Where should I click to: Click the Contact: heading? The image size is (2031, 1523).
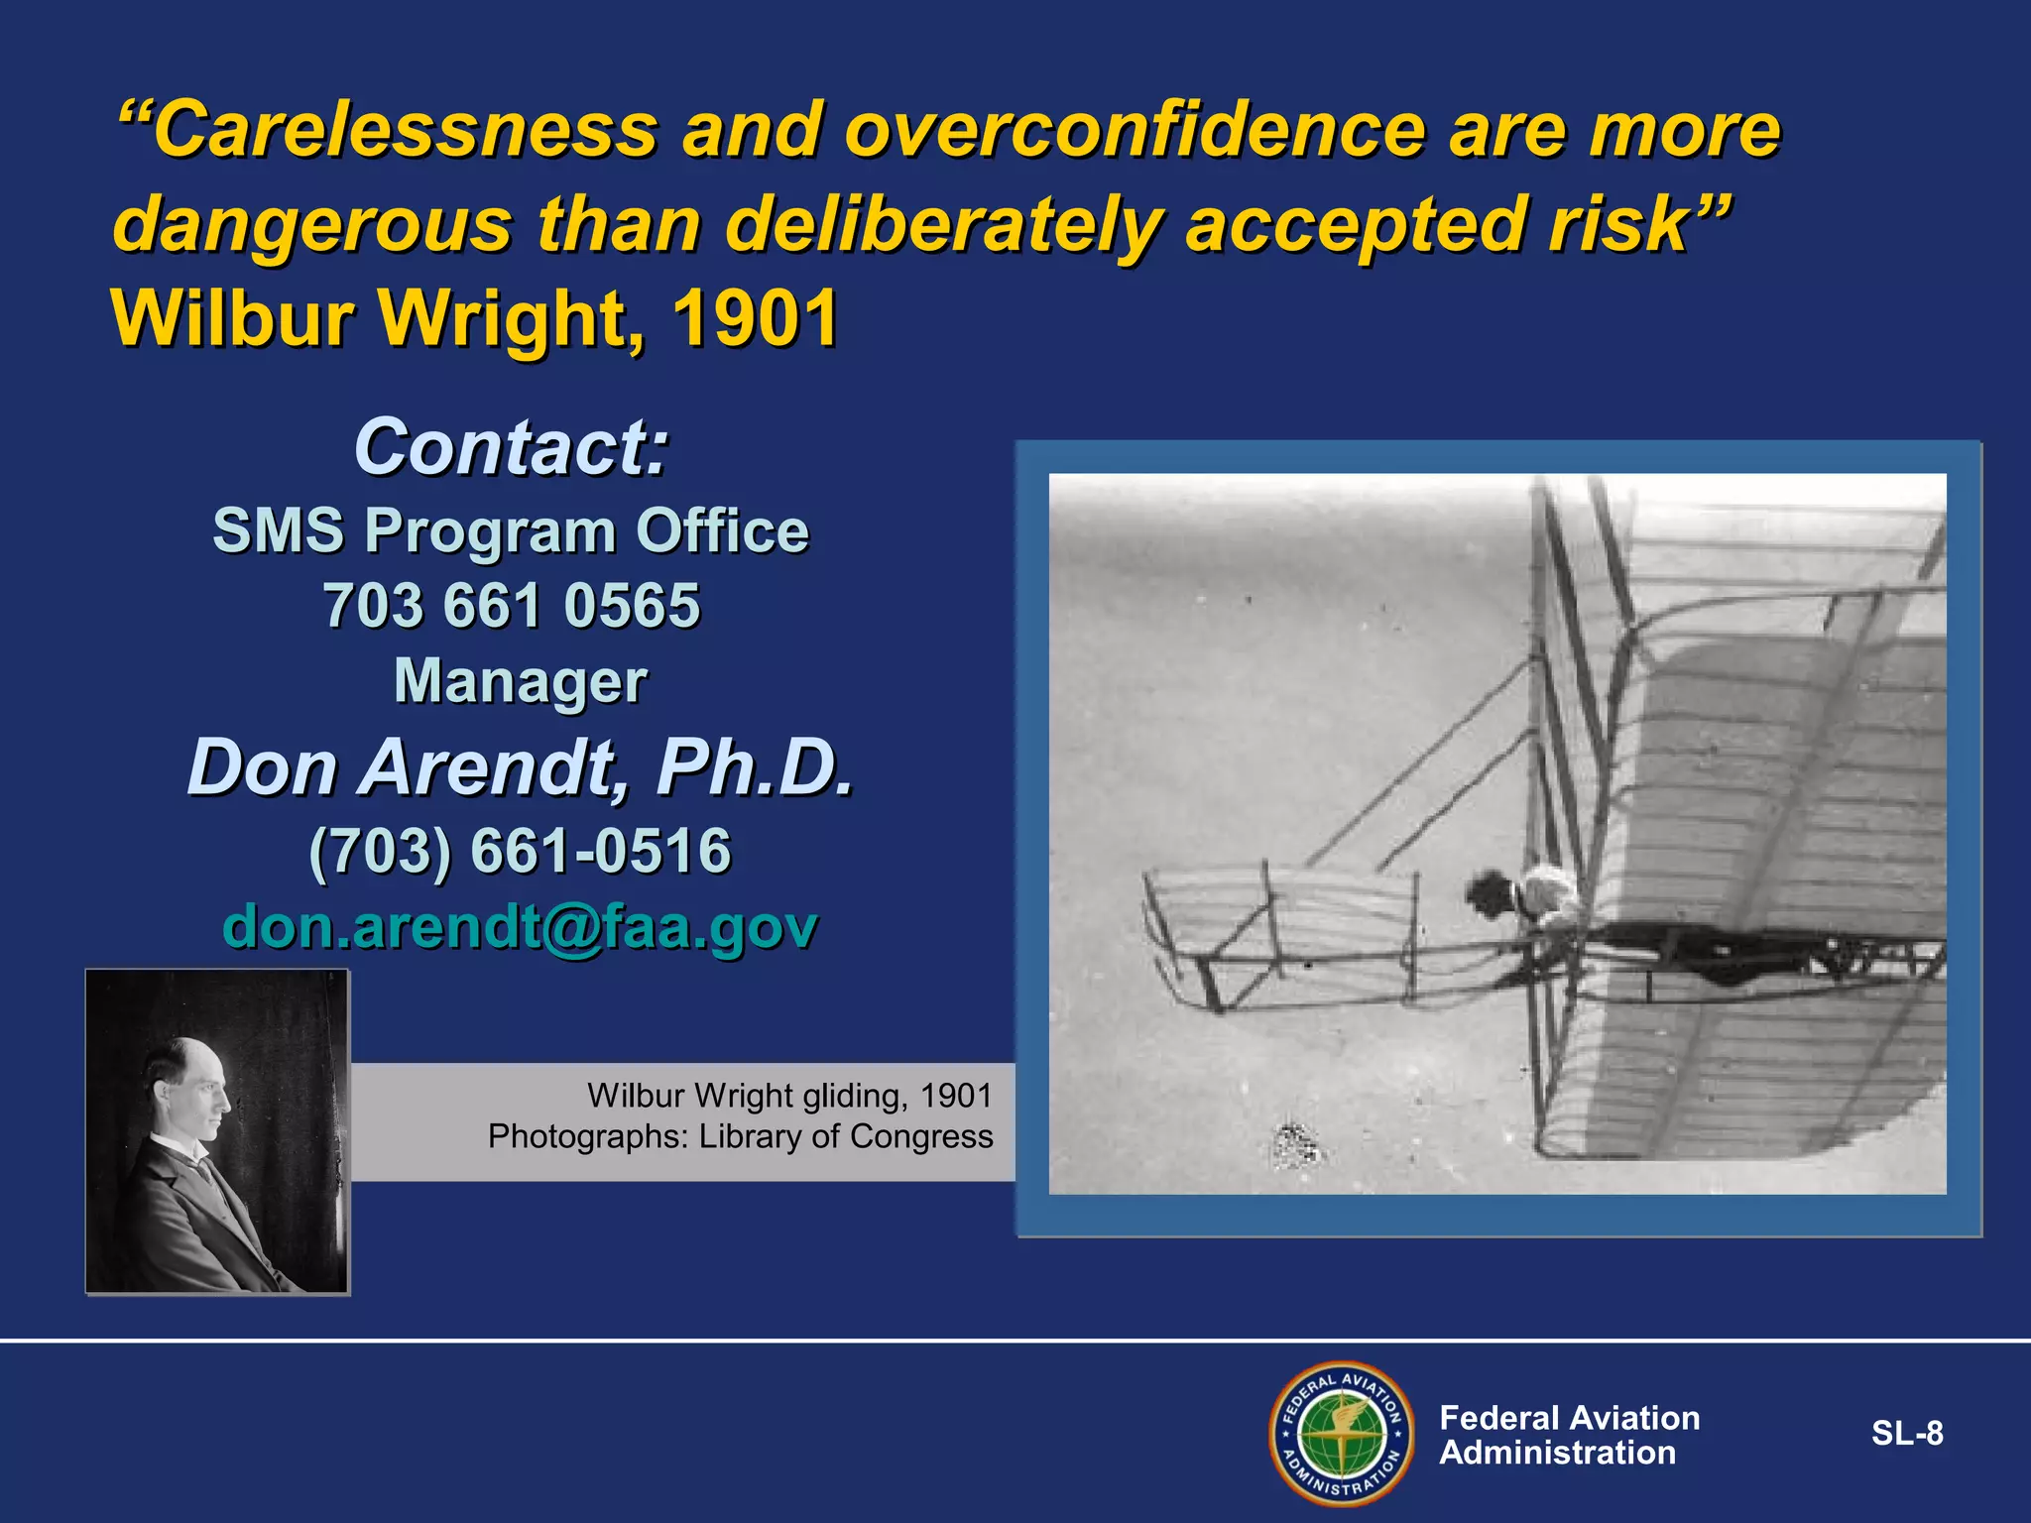tap(512, 447)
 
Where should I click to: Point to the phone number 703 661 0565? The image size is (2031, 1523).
tap(512, 606)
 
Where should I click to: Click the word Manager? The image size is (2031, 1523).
tap(521, 682)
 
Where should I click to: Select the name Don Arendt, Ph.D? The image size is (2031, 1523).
tap(521, 768)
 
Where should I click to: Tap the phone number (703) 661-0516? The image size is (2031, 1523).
tap(521, 851)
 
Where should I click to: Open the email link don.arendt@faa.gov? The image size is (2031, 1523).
tap(521, 926)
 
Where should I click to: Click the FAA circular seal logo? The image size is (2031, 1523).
tap(1341, 1434)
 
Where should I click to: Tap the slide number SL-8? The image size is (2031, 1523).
tap(1906, 1434)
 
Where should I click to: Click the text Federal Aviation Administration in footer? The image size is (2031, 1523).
tap(1569, 1435)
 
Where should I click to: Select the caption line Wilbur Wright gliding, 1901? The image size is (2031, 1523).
tap(789, 1096)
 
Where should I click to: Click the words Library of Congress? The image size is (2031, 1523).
tap(845, 1136)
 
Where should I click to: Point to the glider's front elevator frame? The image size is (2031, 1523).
tap(1279, 932)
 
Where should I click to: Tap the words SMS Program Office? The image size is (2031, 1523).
tap(512, 530)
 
